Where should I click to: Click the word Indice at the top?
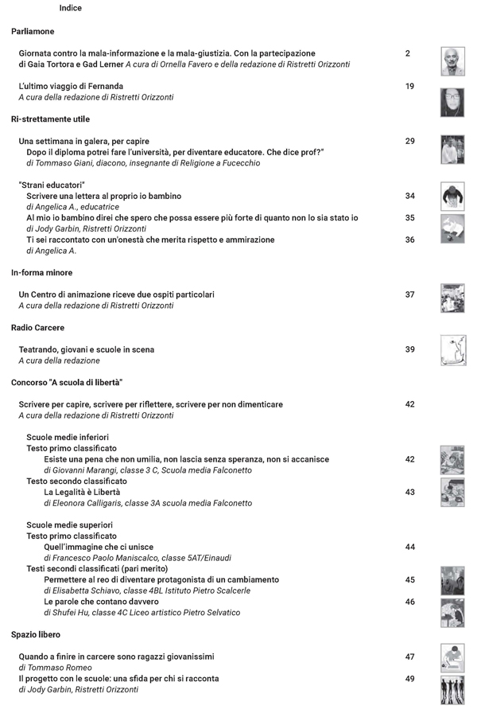coord(70,9)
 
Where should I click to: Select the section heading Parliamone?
coord(33,31)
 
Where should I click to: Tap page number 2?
coord(408,53)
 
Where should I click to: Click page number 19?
coord(409,86)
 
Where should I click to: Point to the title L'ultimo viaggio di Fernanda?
coord(71,86)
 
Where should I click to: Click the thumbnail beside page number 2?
coord(452,60)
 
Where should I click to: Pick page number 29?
coord(409,141)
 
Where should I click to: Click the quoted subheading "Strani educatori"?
coord(52,185)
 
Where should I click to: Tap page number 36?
coord(409,240)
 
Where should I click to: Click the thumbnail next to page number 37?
coord(452,298)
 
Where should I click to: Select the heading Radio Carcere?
coord(37,327)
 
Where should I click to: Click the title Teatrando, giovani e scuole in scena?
coord(87,349)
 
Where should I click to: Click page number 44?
coord(409,548)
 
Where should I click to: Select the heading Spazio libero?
coord(36,634)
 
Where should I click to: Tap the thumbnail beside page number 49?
coord(452,689)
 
